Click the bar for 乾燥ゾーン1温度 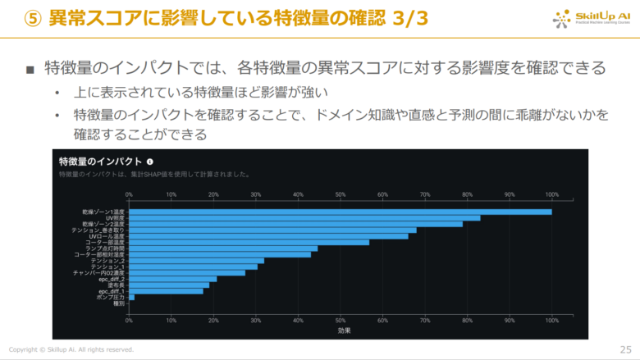tap(340, 212)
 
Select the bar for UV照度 tap(304, 218)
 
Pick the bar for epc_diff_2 tap(172, 279)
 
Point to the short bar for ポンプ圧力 tap(131, 297)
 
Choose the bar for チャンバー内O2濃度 tap(187, 272)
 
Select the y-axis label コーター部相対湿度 tap(98, 254)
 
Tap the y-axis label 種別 tap(119, 303)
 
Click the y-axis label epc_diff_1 tap(112, 291)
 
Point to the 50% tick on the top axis tap(341, 194)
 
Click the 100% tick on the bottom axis tap(551, 320)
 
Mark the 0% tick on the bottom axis tap(129, 320)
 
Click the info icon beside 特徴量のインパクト tap(150, 162)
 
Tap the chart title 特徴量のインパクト tap(101, 162)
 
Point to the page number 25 tap(625, 349)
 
